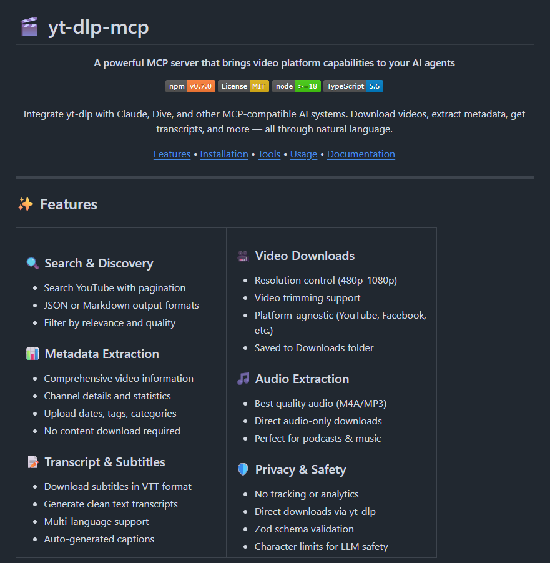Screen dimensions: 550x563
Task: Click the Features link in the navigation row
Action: tap(172, 154)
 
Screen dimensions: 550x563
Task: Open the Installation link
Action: tap(224, 154)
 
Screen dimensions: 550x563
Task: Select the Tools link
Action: tap(269, 154)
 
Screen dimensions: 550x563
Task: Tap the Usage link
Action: tap(303, 154)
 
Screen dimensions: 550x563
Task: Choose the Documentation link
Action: tap(361, 154)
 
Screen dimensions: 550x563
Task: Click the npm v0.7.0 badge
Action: tap(190, 86)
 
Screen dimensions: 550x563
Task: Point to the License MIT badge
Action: tap(243, 86)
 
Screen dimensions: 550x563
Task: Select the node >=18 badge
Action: tap(297, 86)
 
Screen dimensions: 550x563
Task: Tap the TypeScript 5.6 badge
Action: tap(353, 86)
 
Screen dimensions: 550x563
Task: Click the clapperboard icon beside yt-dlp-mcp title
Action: tap(29, 27)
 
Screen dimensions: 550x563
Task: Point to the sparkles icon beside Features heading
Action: tap(26, 204)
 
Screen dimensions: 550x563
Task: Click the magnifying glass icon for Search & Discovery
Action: tap(32, 263)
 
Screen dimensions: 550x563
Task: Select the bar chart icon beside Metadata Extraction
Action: tap(32, 354)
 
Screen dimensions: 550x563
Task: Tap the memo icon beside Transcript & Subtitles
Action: tap(32, 462)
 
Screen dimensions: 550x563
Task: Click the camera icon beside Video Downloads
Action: tap(243, 256)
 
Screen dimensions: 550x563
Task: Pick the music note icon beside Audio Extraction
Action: tap(243, 379)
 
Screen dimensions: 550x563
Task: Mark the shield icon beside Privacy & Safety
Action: tap(243, 469)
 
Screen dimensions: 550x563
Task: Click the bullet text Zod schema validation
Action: tap(304, 529)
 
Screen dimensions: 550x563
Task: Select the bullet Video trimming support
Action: tap(307, 297)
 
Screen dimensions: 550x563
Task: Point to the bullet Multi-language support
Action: tap(96, 521)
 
